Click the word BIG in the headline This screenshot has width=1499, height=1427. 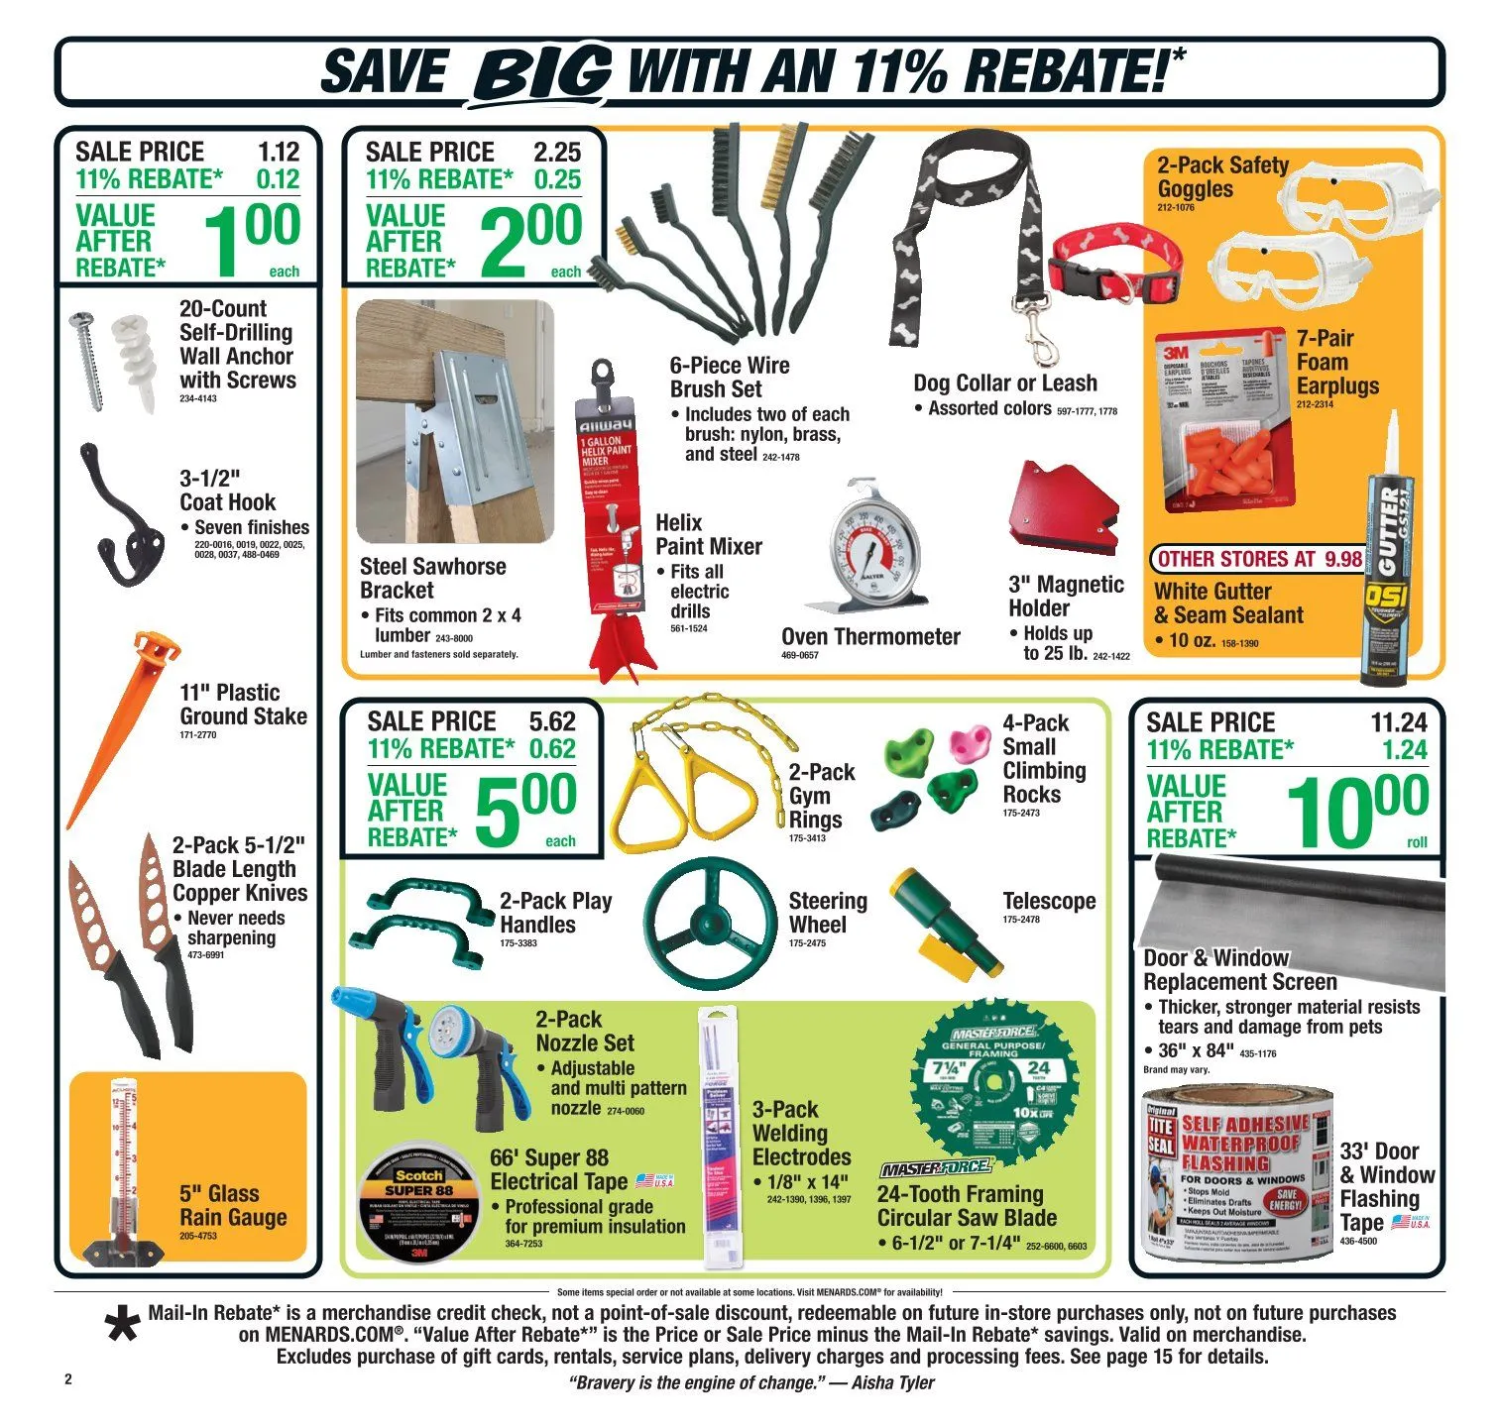point(543,71)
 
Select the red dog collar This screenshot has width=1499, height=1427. point(1114,262)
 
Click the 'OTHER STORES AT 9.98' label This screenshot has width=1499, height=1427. point(1259,559)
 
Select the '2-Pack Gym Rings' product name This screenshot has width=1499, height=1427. point(821,796)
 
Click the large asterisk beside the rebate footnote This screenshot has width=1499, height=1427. point(123,1326)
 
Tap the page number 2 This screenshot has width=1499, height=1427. point(68,1379)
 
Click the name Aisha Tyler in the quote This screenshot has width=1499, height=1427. point(892,1382)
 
